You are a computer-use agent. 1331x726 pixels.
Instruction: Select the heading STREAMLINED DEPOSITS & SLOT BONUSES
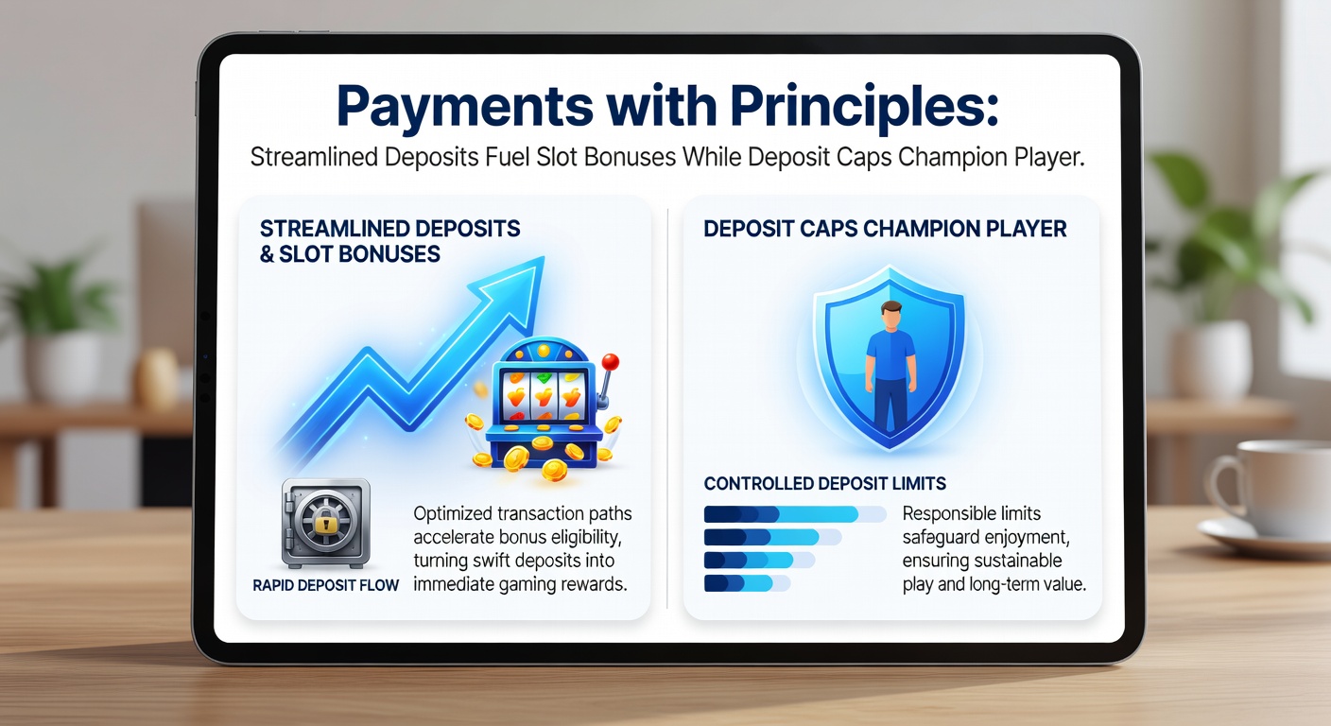point(389,241)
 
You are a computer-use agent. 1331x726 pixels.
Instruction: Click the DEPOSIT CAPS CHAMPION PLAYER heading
point(885,229)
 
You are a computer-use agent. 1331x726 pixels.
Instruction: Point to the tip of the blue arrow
point(541,261)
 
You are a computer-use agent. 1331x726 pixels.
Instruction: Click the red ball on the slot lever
point(611,361)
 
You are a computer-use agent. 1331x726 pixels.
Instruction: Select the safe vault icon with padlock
point(325,523)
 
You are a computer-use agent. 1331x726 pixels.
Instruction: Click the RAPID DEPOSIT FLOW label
point(326,585)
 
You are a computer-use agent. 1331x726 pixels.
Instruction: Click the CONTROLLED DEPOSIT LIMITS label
point(824,483)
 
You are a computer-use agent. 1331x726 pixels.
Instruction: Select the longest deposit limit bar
point(795,514)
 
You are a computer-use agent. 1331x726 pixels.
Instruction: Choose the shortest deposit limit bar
point(747,583)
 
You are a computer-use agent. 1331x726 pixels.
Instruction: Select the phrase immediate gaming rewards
point(520,584)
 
